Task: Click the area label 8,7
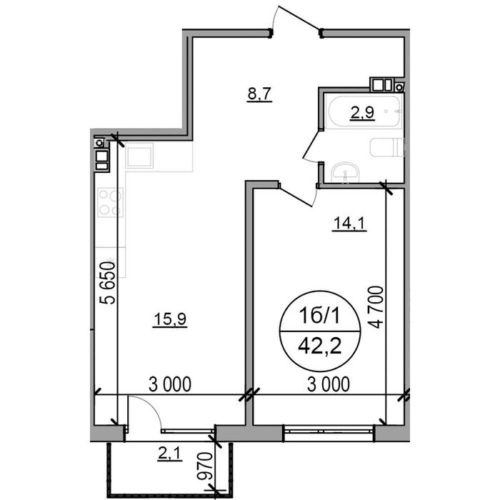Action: [258, 92]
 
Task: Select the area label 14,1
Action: [349, 223]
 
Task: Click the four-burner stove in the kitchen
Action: [111, 201]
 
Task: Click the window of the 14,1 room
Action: [329, 430]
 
